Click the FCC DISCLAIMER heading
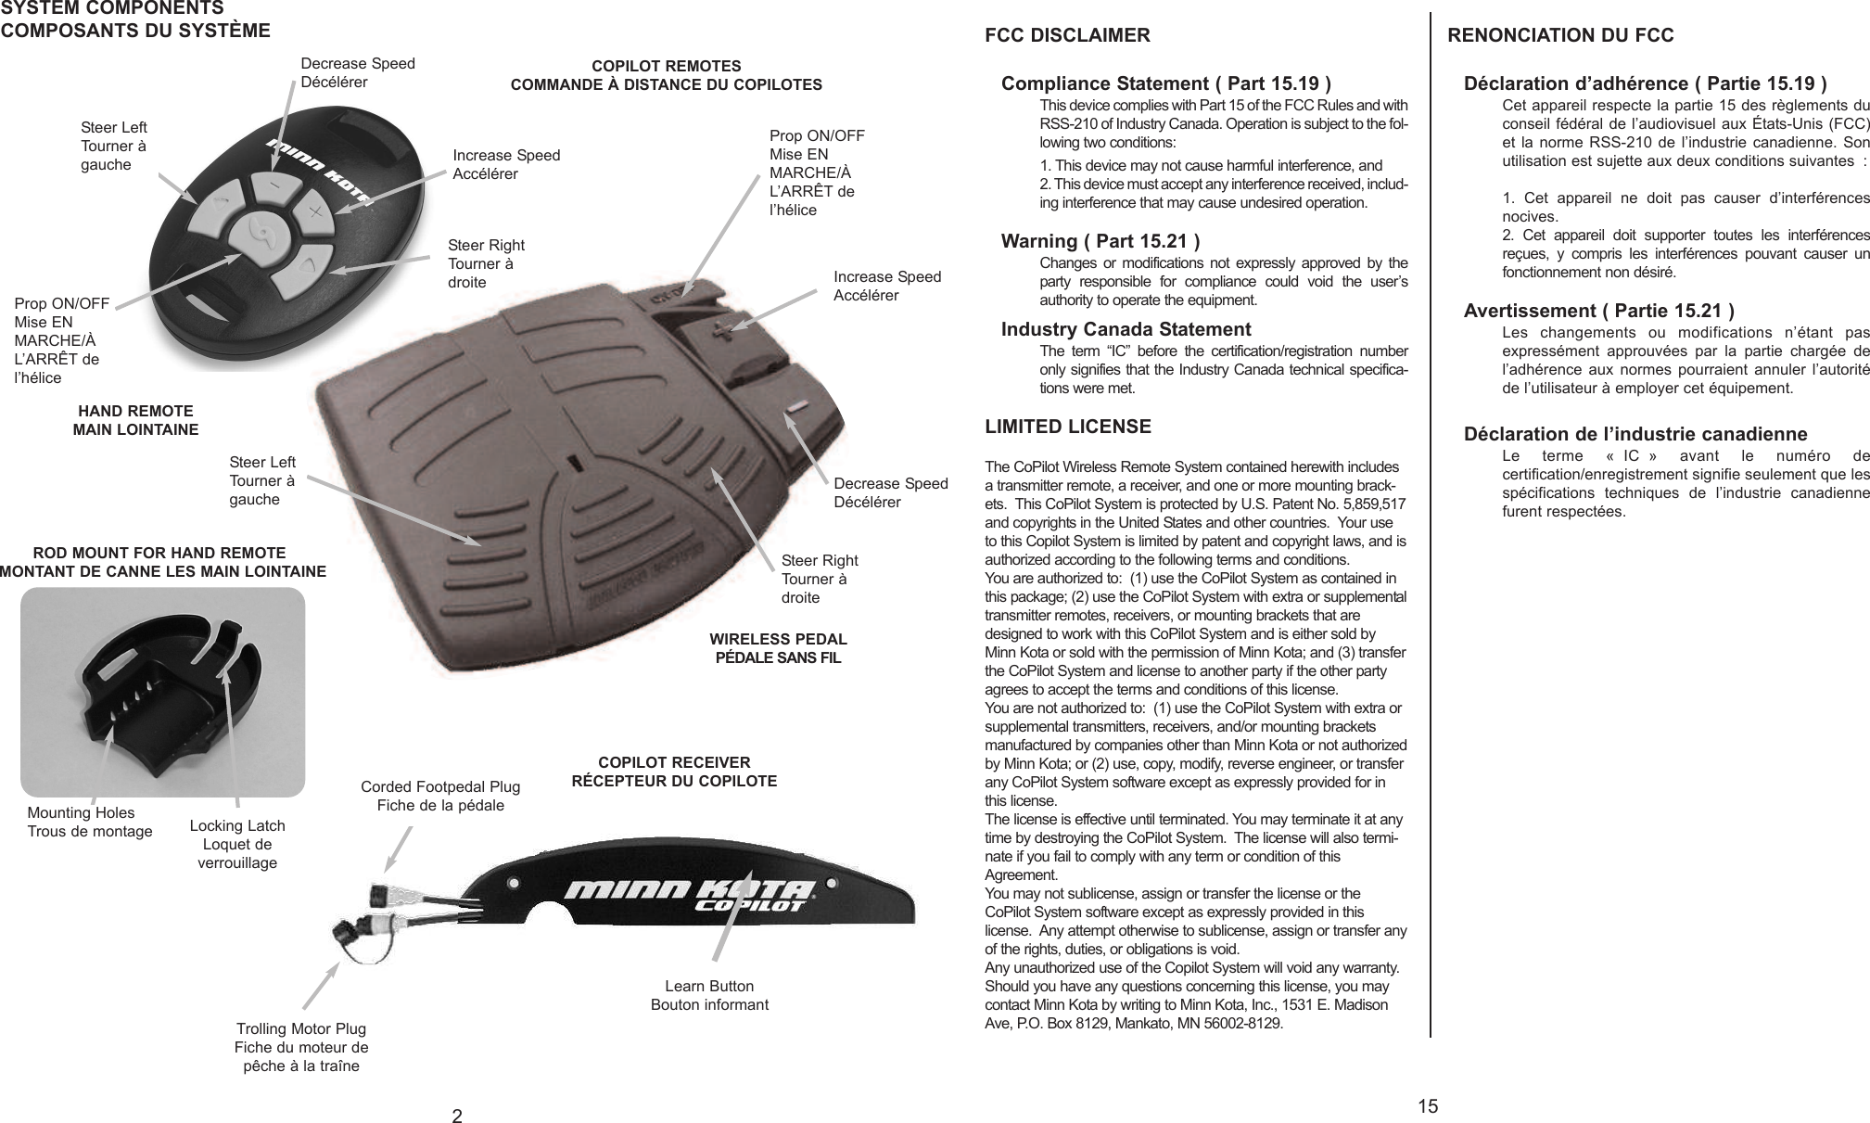click(1066, 36)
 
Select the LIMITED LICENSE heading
click(1067, 427)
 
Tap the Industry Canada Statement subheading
click(1126, 329)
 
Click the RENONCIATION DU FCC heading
click(1560, 36)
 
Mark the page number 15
click(1428, 1105)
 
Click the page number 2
click(456, 1115)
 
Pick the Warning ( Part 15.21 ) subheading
click(1100, 242)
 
